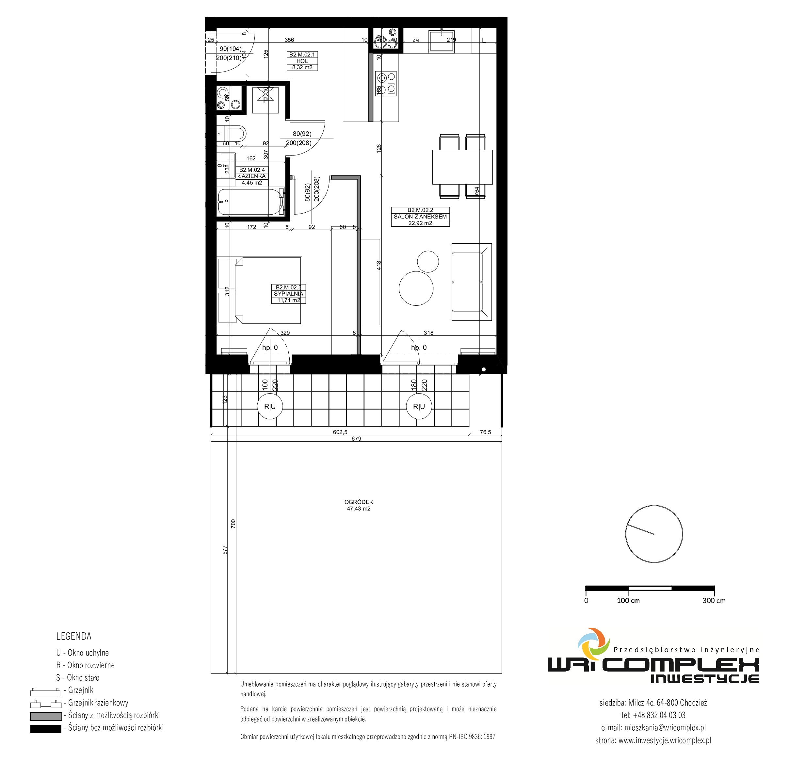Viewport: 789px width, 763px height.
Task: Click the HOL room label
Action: click(302, 61)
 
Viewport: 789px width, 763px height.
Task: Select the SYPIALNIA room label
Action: click(289, 294)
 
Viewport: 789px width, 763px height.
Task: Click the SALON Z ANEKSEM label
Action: click(420, 217)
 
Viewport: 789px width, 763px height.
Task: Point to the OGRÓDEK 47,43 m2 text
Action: click(359, 505)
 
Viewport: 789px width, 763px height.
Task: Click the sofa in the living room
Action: click(471, 282)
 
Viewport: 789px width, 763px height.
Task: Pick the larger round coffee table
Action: click(416, 288)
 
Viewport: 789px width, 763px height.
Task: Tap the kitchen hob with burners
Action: click(386, 83)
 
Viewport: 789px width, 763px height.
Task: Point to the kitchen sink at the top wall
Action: click(442, 41)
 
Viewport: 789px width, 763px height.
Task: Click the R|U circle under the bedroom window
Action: click(270, 407)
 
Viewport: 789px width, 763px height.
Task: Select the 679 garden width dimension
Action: click(356, 438)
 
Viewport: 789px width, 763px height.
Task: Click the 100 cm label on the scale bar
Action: click(628, 600)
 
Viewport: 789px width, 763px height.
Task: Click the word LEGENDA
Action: click(74, 636)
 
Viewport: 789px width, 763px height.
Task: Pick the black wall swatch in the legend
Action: click(45, 729)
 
